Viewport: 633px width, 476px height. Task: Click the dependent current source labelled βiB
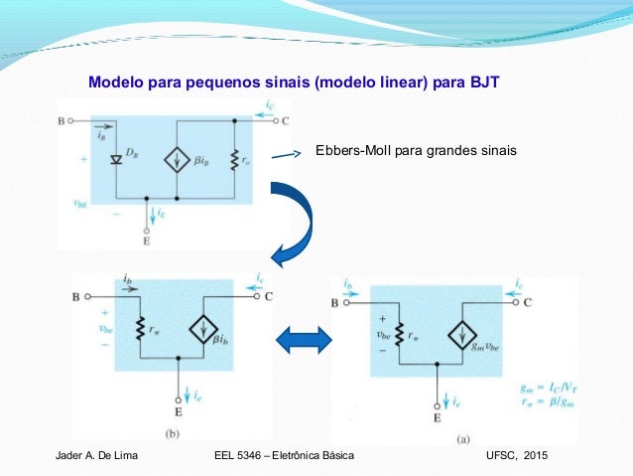[177, 159]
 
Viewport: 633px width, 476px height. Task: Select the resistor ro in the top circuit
[233, 159]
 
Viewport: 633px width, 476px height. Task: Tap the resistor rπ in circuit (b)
[141, 328]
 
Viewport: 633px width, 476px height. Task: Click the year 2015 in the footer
[545, 454]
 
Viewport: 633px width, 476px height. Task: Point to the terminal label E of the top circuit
[146, 239]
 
